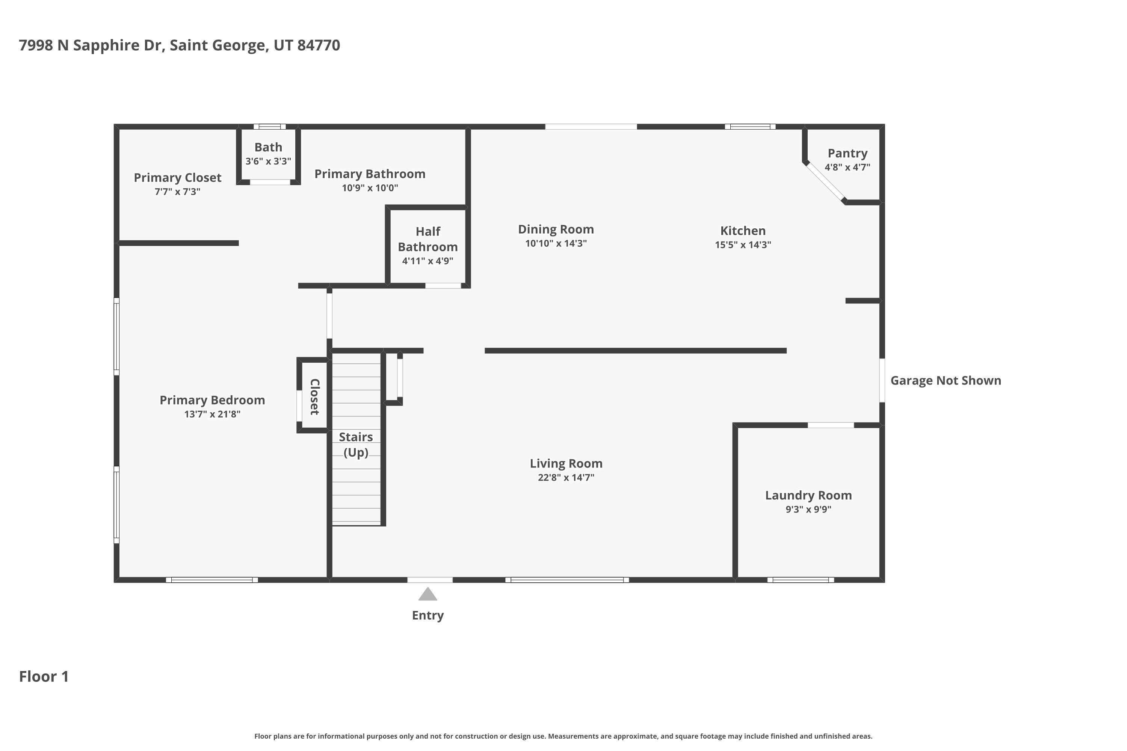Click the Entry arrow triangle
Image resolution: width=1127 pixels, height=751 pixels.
[428, 594]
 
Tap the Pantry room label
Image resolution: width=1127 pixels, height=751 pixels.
[847, 153]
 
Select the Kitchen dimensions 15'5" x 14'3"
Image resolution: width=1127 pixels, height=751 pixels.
[743, 245]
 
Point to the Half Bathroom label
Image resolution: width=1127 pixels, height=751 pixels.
[428, 239]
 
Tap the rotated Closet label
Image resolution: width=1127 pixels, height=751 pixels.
[314, 397]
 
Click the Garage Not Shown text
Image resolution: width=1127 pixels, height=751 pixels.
[946, 380]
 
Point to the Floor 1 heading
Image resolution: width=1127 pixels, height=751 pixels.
[44, 676]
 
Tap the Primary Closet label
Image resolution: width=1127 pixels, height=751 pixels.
[177, 178]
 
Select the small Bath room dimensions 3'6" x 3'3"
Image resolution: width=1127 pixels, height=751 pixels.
[268, 161]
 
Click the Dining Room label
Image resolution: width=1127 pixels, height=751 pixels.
[556, 229]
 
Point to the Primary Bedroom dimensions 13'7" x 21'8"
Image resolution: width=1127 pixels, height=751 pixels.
[212, 414]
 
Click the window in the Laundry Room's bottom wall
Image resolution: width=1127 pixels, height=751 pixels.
[800, 580]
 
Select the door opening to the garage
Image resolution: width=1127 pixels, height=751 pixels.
[882, 380]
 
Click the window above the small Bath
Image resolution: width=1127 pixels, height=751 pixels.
[269, 127]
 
